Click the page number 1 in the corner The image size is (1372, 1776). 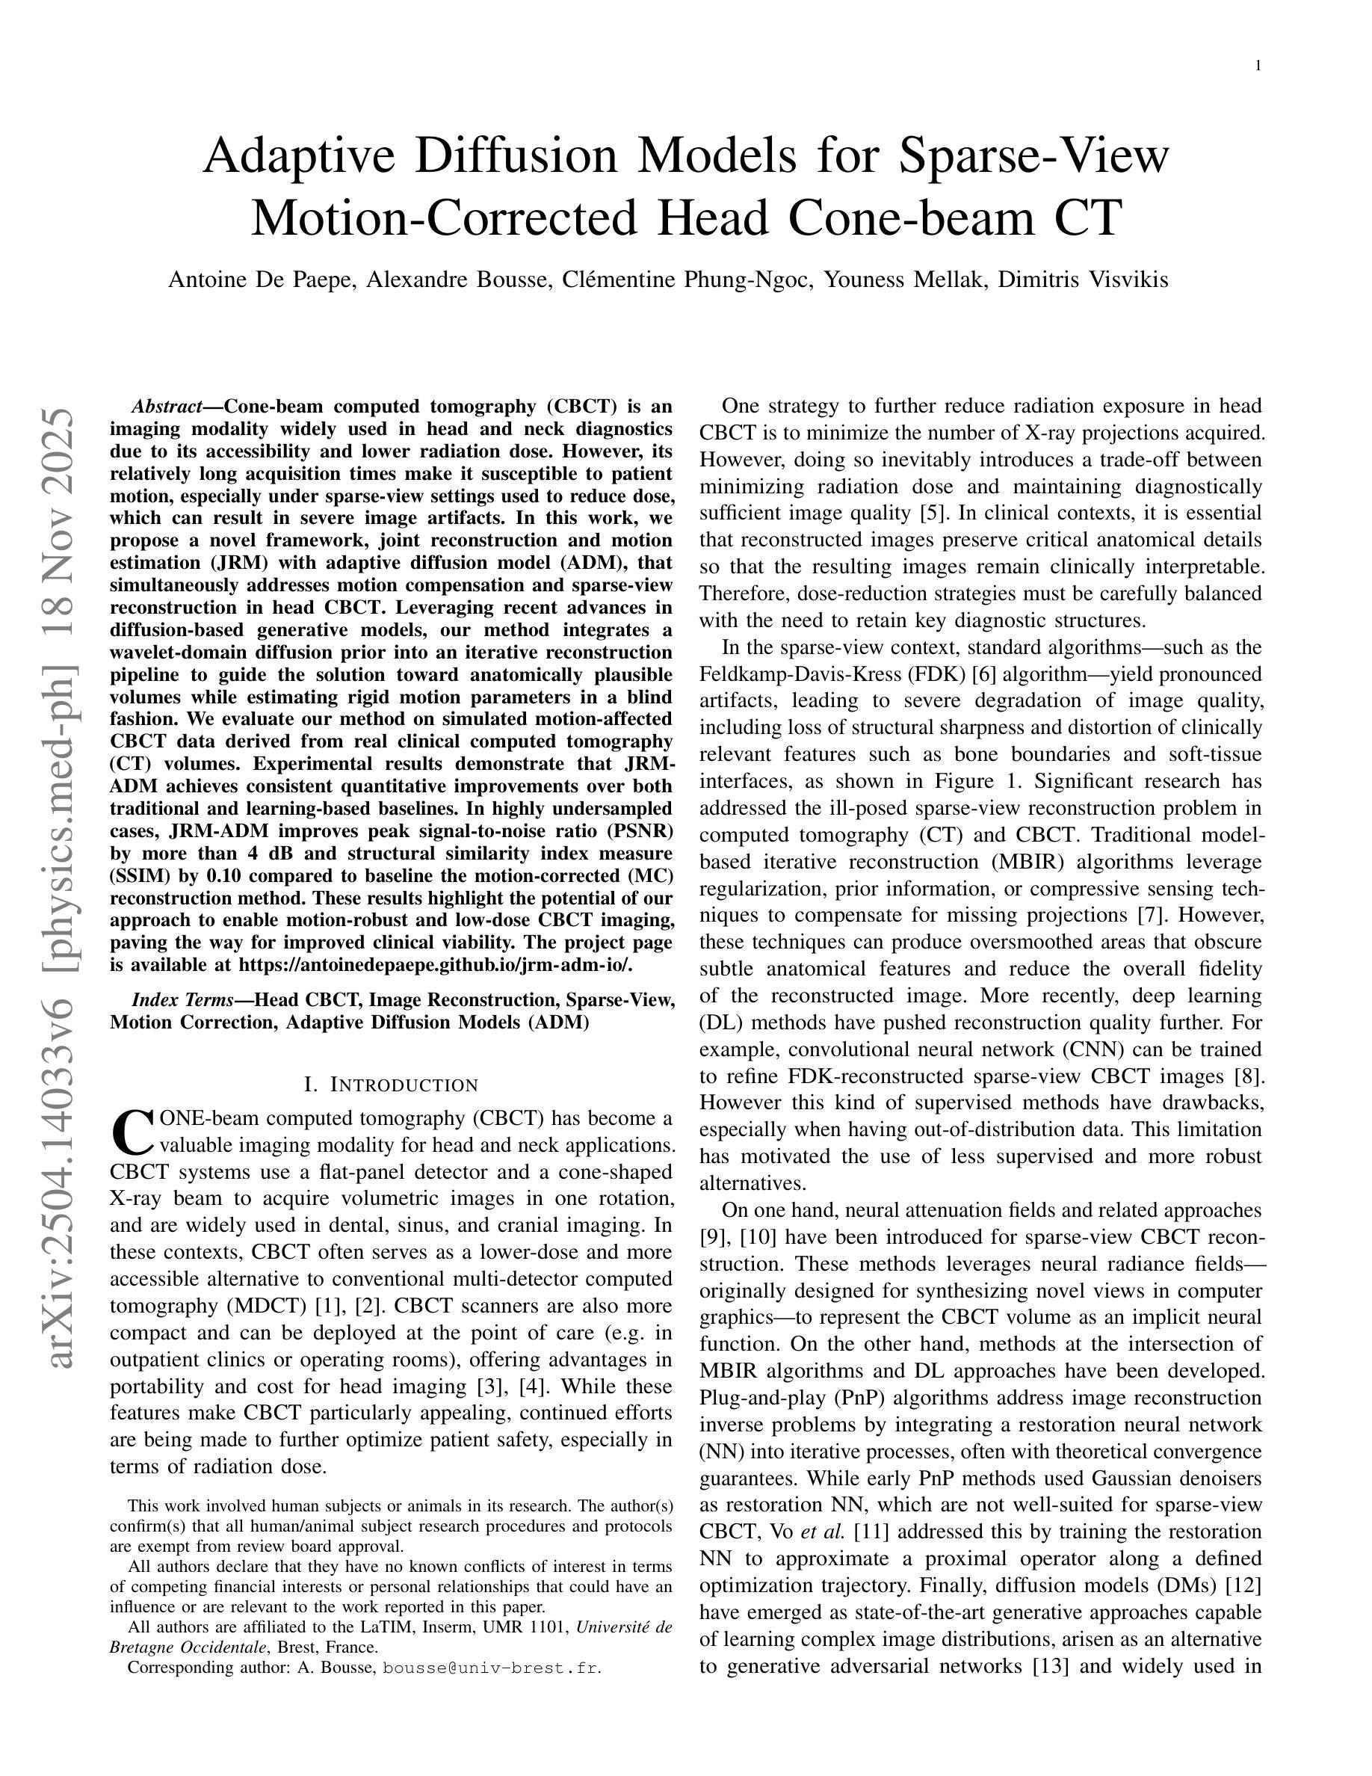pos(1258,66)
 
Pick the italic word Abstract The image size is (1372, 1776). pos(167,407)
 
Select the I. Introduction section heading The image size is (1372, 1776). pos(391,1085)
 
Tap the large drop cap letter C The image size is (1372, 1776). pos(132,1132)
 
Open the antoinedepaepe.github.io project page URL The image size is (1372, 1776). pos(435,966)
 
